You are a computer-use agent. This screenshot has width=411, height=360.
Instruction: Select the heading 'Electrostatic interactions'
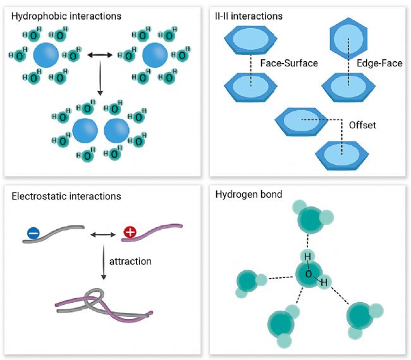[66, 196]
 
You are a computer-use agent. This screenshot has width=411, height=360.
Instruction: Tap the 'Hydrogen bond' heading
[248, 195]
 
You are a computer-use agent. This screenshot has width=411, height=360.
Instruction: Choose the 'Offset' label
[362, 125]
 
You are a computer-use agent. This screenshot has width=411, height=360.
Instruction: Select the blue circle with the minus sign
[34, 234]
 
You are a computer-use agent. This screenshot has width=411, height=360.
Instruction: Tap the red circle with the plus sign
[130, 233]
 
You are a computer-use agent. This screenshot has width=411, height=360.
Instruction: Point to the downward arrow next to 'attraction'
[102, 262]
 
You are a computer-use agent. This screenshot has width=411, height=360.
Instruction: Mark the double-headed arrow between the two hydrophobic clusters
[99, 56]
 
